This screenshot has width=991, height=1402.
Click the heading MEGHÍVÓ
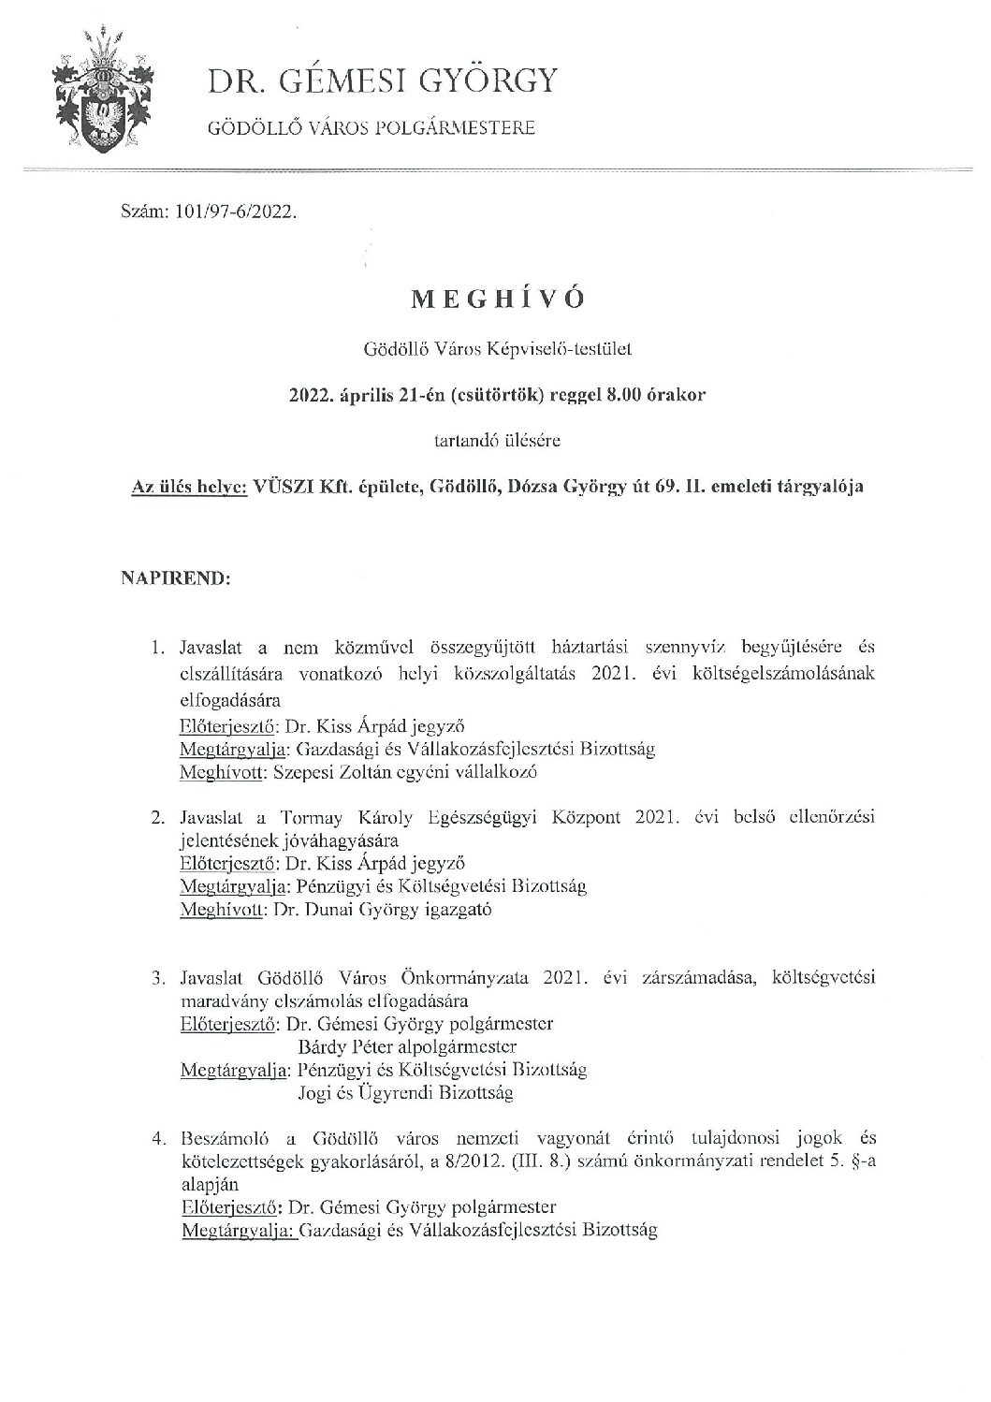[496, 299]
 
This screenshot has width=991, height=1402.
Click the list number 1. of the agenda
[158, 648]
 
